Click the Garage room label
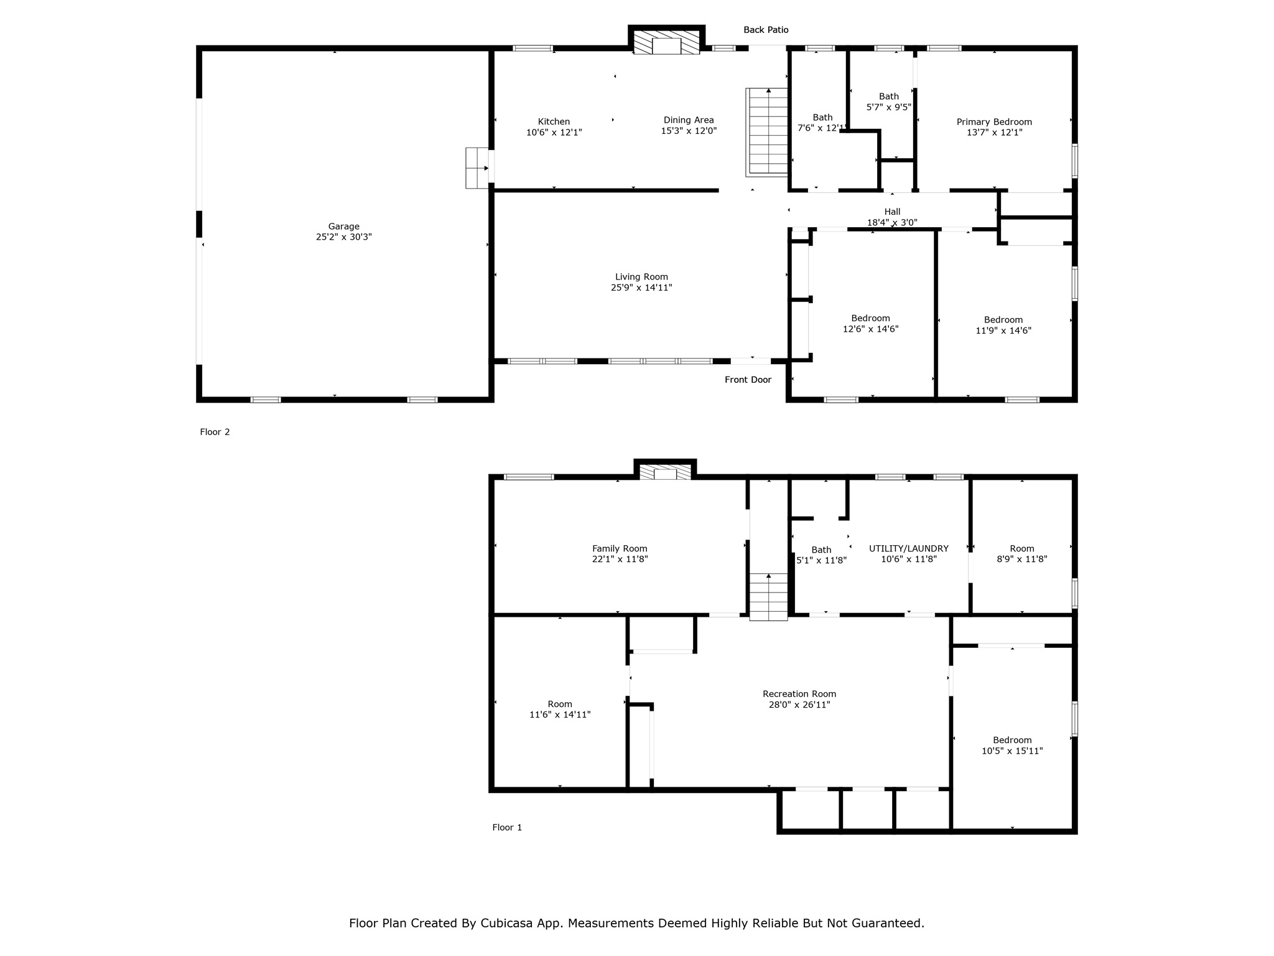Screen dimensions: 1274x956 point(344,227)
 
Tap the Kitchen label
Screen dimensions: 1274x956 point(554,121)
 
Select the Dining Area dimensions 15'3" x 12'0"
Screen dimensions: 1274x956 point(689,131)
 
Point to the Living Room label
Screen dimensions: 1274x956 point(641,277)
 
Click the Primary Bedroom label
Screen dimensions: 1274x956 point(994,122)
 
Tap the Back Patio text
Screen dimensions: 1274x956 point(766,30)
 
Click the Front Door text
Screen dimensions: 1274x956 point(748,380)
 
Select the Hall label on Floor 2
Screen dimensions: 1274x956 point(892,212)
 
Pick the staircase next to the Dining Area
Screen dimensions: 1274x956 point(767,132)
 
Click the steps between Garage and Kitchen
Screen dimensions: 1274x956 point(477,168)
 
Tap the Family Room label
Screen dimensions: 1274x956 point(620,549)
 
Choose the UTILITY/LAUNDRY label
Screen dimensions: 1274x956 point(909,549)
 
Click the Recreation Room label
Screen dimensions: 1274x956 point(799,694)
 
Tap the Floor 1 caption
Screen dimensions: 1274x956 point(507,827)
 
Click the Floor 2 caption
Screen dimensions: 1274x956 point(215,432)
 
